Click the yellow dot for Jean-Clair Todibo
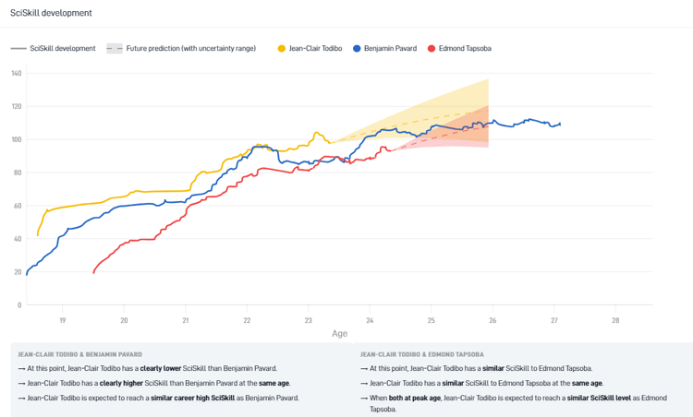click(x=281, y=48)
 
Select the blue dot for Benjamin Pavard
click(x=357, y=48)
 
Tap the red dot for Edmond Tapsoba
click(x=431, y=48)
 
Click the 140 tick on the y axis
click(x=17, y=74)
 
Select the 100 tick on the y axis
click(x=17, y=140)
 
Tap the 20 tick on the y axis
click(x=18, y=272)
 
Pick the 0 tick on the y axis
click(x=19, y=305)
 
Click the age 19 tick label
click(x=63, y=320)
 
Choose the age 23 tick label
click(x=309, y=320)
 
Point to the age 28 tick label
click(x=615, y=320)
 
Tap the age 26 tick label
click(x=492, y=320)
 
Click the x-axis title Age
click(x=340, y=334)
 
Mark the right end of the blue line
click(x=560, y=124)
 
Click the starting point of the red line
click(x=93, y=272)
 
